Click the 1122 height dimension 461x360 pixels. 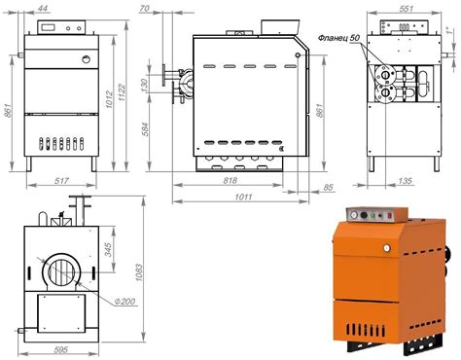(122, 92)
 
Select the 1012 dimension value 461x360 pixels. (109, 99)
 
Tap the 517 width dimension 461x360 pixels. (61, 181)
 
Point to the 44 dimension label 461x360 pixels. (42, 8)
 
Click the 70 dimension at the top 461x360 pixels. (144, 8)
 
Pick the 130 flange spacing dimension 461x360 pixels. (145, 85)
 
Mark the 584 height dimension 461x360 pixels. (146, 129)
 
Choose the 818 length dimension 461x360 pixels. (230, 180)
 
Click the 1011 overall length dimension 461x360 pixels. (243, 197)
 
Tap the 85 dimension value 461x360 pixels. (328, 188)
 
